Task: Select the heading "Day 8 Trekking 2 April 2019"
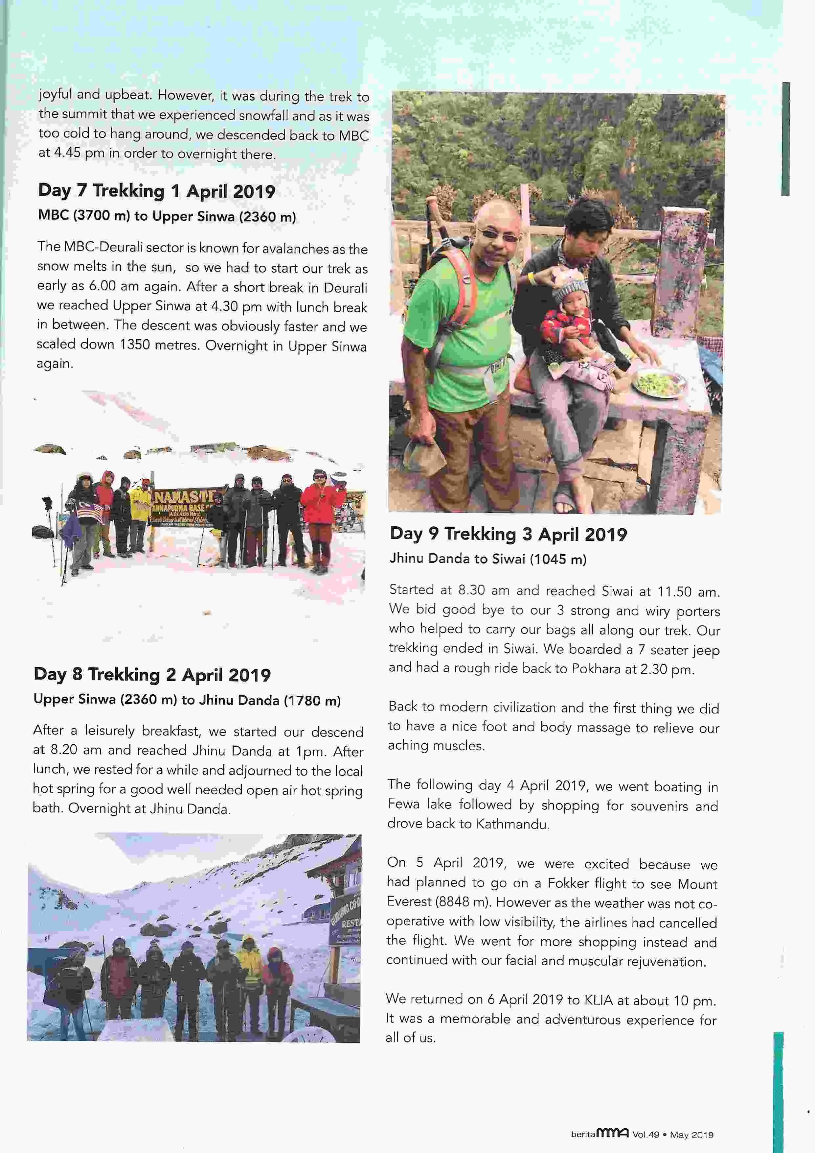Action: [x=152, y=674]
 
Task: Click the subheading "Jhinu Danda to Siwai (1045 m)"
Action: [x=488, y=559]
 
